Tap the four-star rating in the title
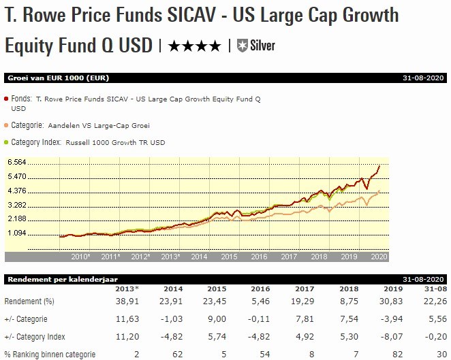pyautogui.click(x=193, y=46)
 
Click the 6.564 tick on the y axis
pyautogui.click(x=16, y=162)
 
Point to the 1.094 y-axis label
pyautogui.click(x=16, y=233)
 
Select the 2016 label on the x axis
pyautogui.click(x=259, y=257)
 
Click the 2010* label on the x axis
pyautogui.click(x=81, y=257)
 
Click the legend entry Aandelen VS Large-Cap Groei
pyautogui.click(x=107, y=125)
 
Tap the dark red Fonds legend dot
pyautogui.click(x=6, y=99)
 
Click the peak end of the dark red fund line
pyautogui.click(x=379, y=165)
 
